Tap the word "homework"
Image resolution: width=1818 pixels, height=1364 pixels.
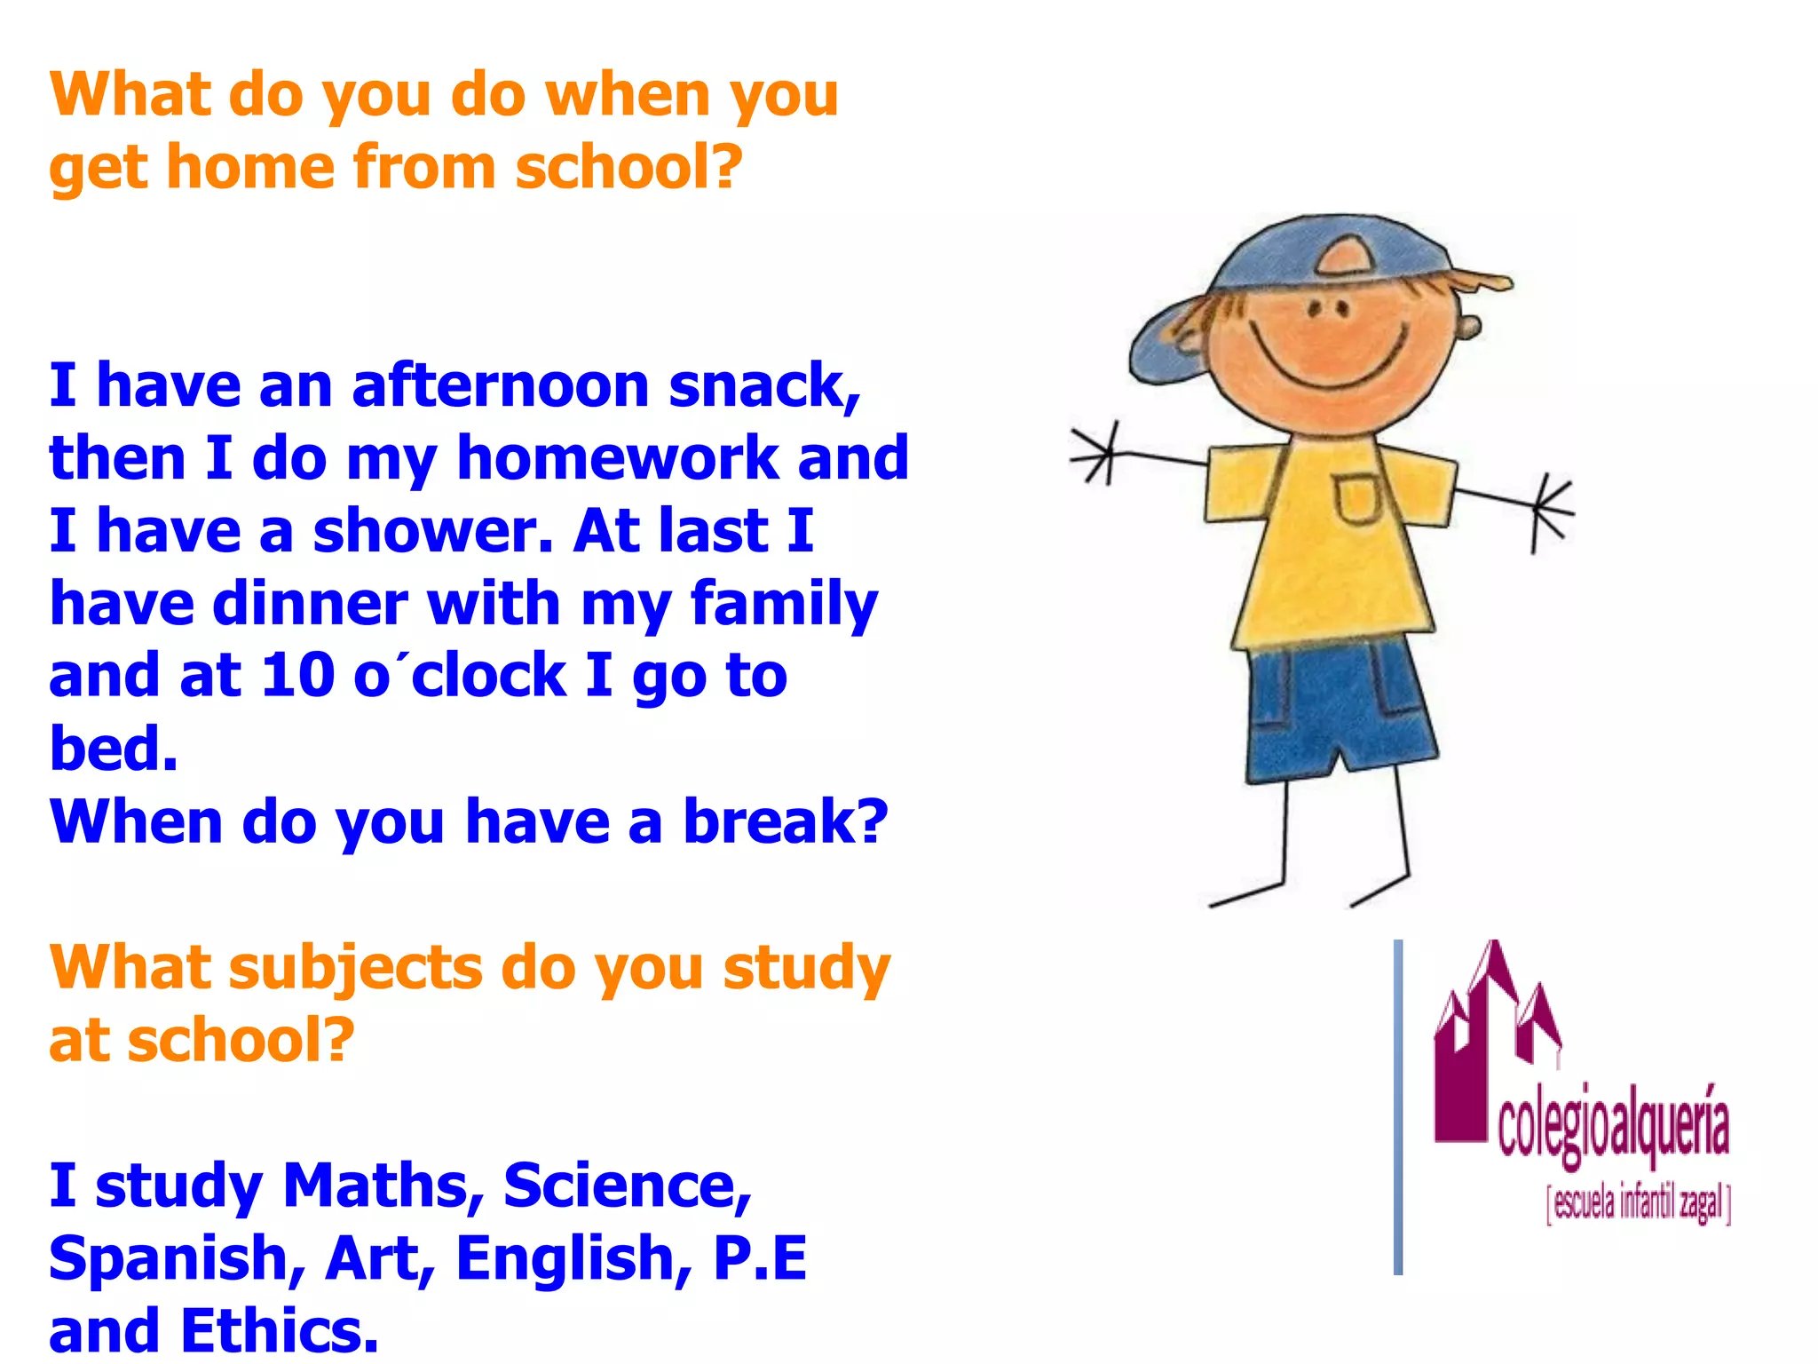pos(618,458)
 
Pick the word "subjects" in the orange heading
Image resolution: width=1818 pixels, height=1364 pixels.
pos(356,968)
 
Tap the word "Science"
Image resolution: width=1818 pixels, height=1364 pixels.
pos(627,1186)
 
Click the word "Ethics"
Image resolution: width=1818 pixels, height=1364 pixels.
pos(280,1330)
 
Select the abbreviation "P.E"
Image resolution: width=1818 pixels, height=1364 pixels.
pos(760,1258)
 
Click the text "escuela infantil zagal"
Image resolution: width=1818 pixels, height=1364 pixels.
pos(1639,1203)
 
